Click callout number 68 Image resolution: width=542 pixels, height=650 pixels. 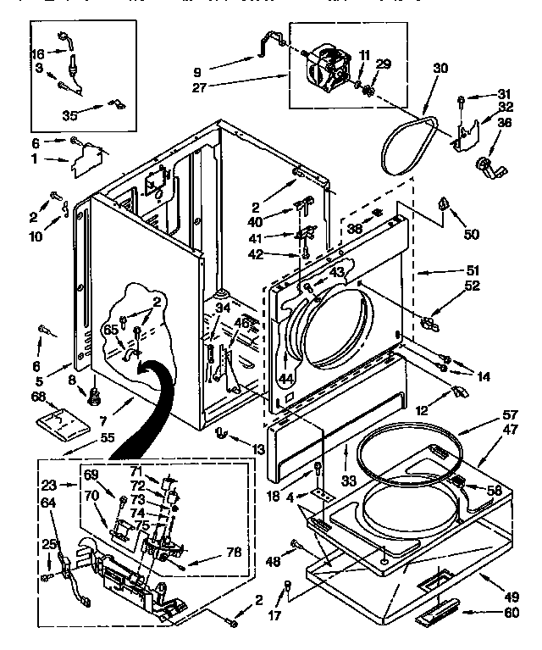37,397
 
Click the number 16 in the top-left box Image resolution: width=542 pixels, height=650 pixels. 38,53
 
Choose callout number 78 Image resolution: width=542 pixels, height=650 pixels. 235,552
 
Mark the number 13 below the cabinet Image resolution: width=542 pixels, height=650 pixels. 258,447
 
